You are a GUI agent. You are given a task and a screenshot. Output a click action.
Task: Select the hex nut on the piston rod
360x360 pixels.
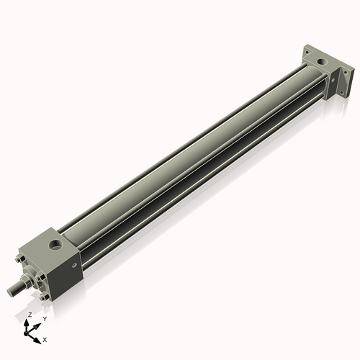point(28,279)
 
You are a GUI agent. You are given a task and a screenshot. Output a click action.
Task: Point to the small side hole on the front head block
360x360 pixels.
point(73,265)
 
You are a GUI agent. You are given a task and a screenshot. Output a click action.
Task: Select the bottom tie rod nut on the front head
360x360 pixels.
point(45,295)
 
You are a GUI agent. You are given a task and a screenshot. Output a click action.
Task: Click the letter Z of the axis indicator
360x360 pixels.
point(29,315)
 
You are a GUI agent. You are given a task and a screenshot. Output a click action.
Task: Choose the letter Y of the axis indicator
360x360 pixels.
point(44,318)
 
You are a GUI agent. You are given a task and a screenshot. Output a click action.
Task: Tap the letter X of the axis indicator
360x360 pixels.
point(45,338)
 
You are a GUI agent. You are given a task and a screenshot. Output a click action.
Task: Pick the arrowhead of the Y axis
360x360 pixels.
point(37,323)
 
